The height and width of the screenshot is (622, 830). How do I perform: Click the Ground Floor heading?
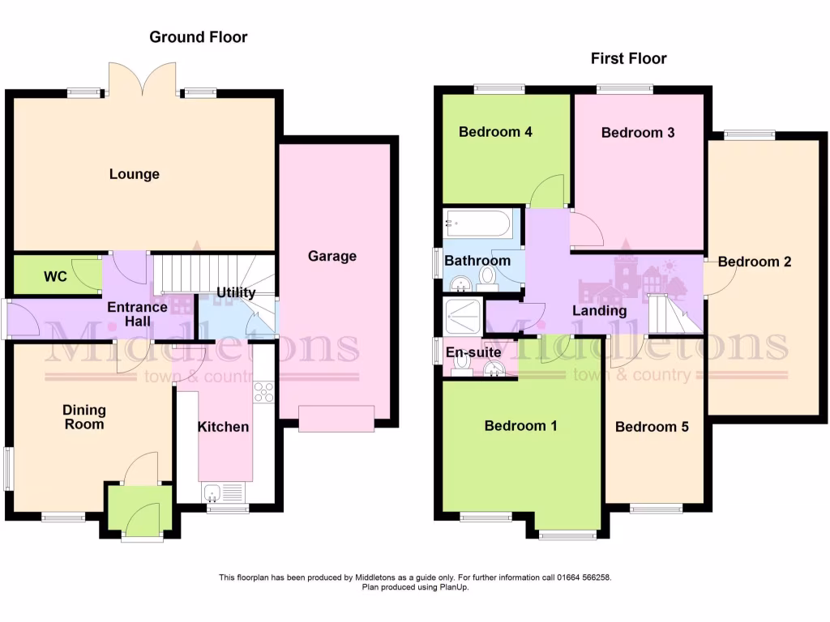pyautogui.click(x=199, y=37)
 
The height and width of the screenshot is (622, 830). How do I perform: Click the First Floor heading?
pyautogui.click(x=628, y=58)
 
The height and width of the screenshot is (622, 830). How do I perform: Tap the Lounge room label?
pyautogui.click(x=135, y=174)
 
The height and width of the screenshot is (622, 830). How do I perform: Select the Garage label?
pyautogui.click(x=332, y=256)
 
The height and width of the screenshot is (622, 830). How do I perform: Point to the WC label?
pyautogui.click(x=55, y=277)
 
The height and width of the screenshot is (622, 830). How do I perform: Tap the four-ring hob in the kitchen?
pyautogui.click(x=264, y=391)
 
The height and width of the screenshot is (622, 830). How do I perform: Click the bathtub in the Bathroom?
pyautogui.click(x=477, y=224)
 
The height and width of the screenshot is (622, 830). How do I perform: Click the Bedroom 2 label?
pyautogui.click(x=755, y=262)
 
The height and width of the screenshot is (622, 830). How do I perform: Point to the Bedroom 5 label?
pyautogui.click(x=652, y=427)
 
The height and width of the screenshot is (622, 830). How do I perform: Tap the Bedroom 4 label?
pyautogui.click(x=495, y=132)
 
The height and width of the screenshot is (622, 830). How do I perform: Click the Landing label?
pyautogui.click(x=600, y=311)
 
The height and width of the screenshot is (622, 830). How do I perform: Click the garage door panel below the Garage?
pyautogui.click(x=336, y=419)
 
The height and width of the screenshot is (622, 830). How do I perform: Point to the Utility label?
pyautogui.click(x=237, y=292)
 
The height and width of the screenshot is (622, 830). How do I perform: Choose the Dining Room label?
pyautogui.click(x=84, y=417)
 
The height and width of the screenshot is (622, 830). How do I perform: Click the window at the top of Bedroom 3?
pyautogui.click(x=625, y=88)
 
